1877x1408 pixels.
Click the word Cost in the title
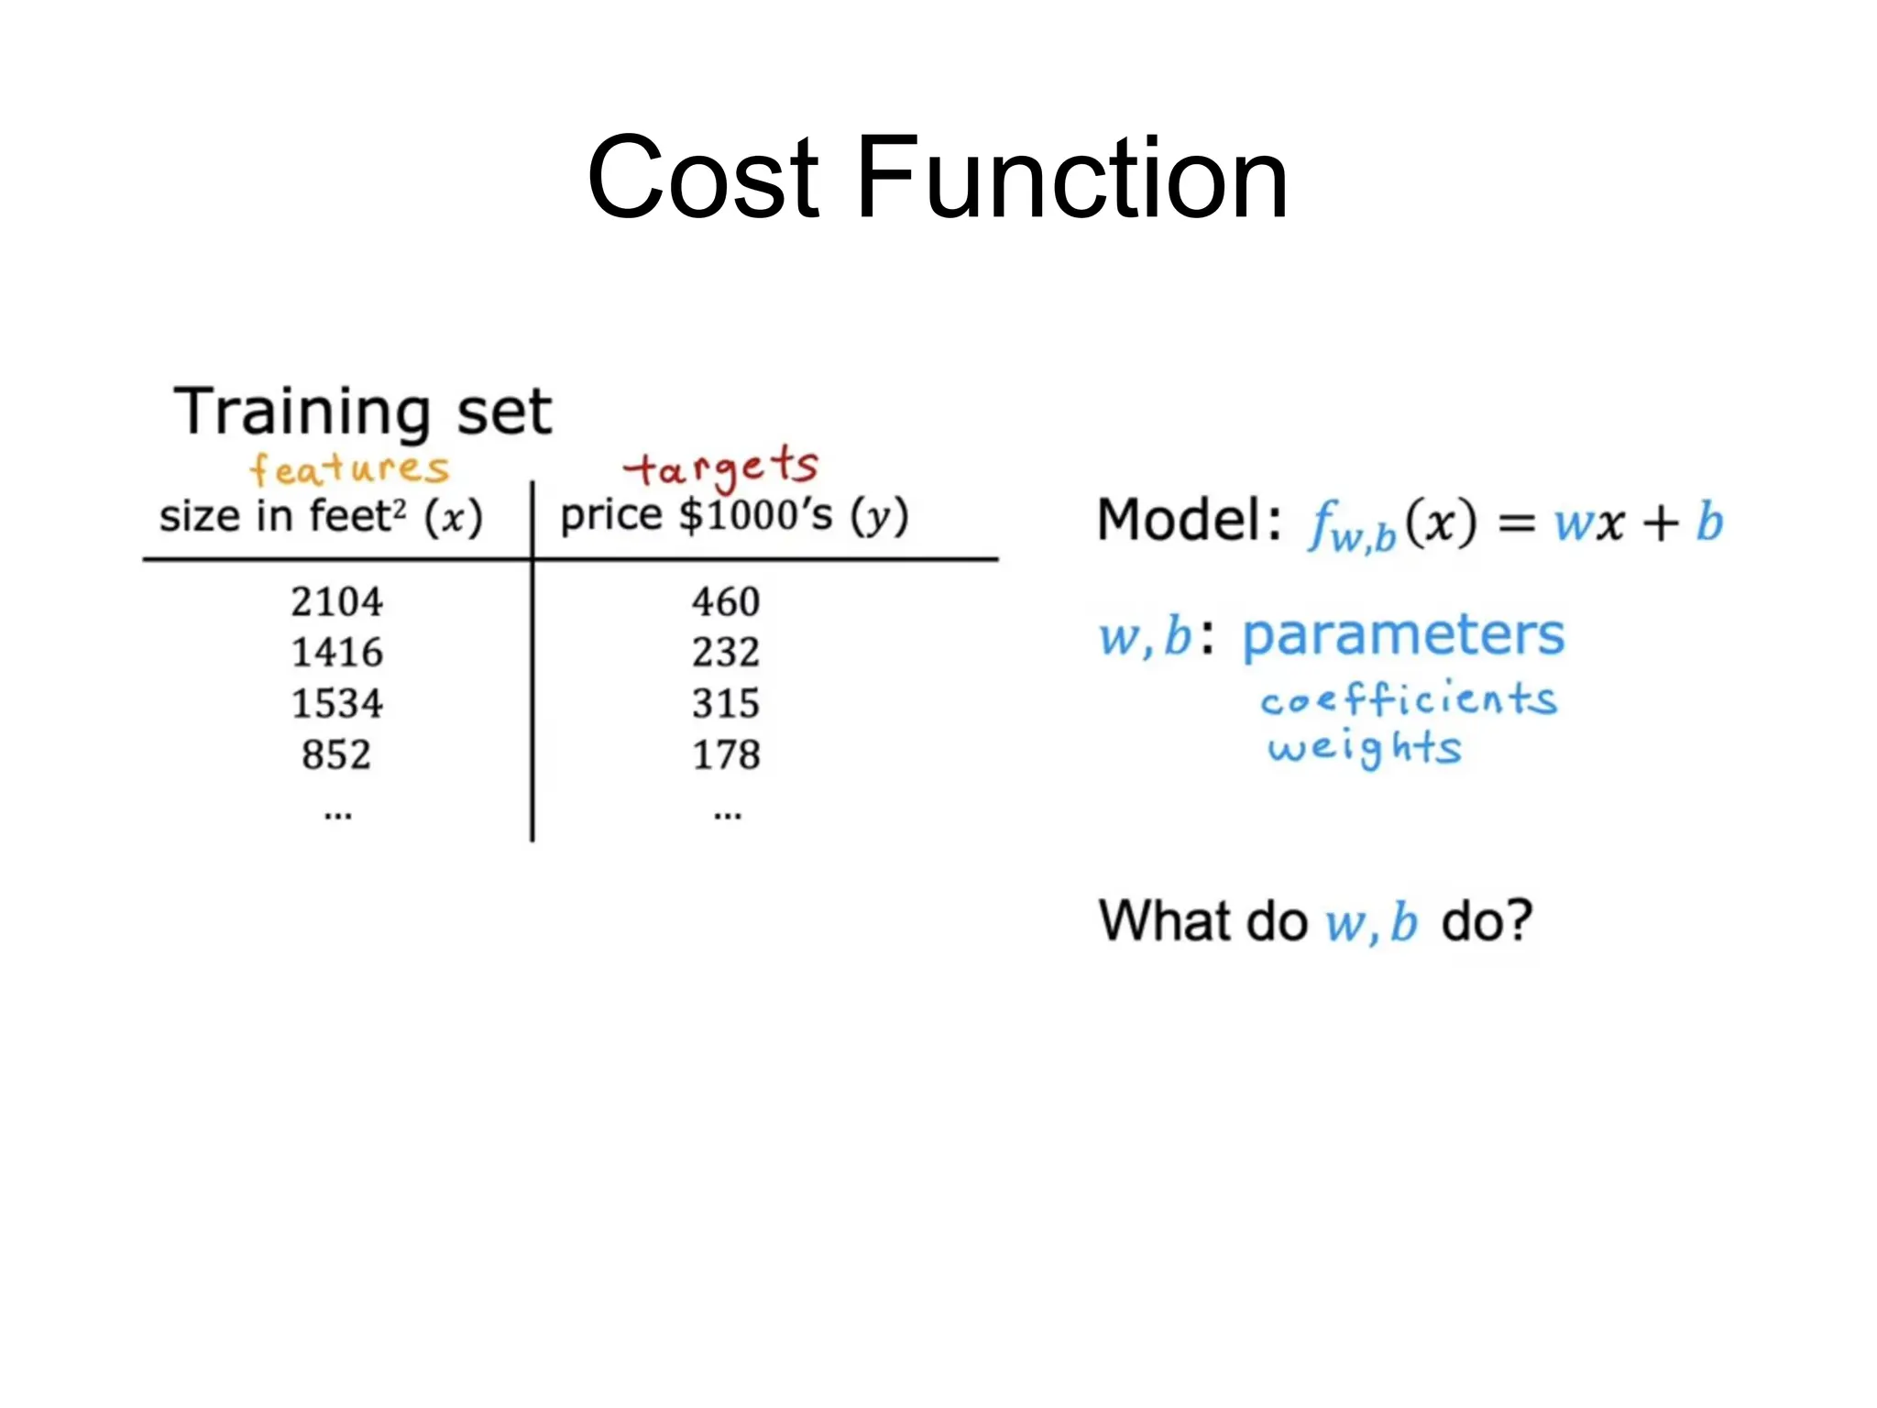click(x=703, y=178)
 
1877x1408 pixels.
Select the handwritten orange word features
click(x=349, y=469)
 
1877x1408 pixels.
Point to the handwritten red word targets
click(x=721, y=467)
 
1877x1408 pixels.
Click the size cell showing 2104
click(x=336, y=602)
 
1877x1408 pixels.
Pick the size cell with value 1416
click(x=336, y=653)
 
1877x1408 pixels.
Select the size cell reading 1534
click(x=336, y=704)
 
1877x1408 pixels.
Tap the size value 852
click(x=336, y=755)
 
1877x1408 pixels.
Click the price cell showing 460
click(x=726, y=602)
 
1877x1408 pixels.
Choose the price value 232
click(x=726, y=653)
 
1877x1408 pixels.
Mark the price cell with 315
click(x=726, y=704)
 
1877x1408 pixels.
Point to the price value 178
click(x=726, y=755)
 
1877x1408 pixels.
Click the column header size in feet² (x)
click(x=321, y=517)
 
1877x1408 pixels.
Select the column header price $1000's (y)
click(x=734, y=516)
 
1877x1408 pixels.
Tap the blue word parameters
click(x=1402, y=634)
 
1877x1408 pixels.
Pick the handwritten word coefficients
click(x=1408, y=699)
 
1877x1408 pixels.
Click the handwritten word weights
click(x=1364, y=748)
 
